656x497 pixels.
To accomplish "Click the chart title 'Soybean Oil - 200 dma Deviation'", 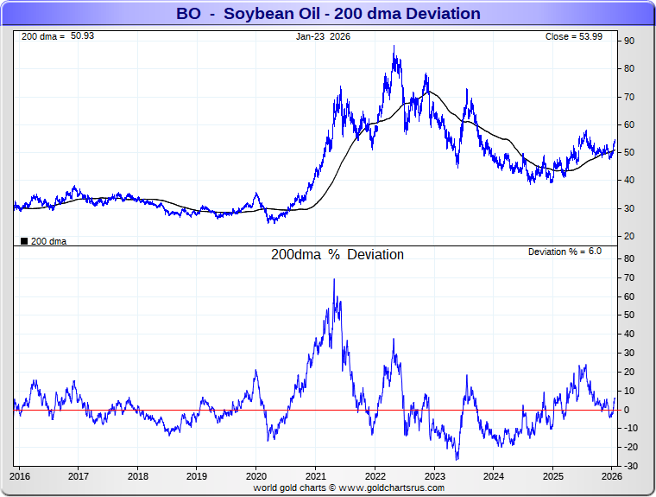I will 328,14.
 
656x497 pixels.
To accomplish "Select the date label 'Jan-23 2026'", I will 324,36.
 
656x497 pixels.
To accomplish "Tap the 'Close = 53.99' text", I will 580,36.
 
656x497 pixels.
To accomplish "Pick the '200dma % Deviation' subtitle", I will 337,255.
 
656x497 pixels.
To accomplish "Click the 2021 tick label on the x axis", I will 316,475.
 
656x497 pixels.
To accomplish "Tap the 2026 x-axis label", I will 611,475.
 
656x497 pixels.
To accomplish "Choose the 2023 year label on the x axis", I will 434,475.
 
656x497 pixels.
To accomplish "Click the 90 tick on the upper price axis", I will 630,41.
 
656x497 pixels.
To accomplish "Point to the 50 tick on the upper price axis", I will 630,152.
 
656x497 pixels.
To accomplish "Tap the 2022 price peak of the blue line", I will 394,47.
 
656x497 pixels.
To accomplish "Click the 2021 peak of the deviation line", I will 334,279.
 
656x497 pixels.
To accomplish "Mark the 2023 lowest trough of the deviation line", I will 457,459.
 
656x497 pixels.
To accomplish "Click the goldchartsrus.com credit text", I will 349,487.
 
